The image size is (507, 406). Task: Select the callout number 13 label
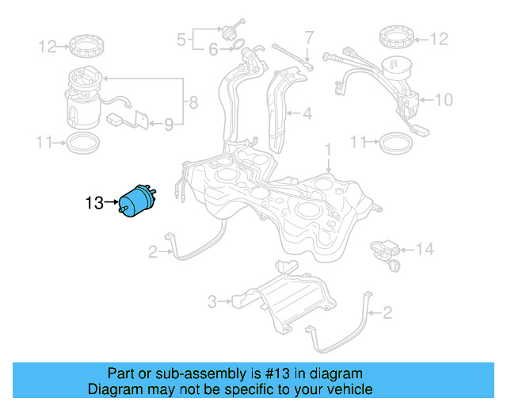(x=94, y=204)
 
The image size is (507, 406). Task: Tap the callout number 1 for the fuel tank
(x=326, y=149)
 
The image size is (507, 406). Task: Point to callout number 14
(x=425, y=250)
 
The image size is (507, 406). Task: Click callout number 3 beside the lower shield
(x=212, y=301)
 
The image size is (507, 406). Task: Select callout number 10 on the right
(x=444, y=100)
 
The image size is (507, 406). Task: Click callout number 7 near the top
(x=309, y=36)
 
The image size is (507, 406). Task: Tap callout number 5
(x=181, y=38)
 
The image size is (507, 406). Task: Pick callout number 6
(x=213, y=50)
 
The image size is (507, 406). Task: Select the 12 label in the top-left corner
(x=47, y=47)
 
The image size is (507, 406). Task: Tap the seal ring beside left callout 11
(x=83, y=144)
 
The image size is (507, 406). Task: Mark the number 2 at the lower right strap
(x=387, y=312)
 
